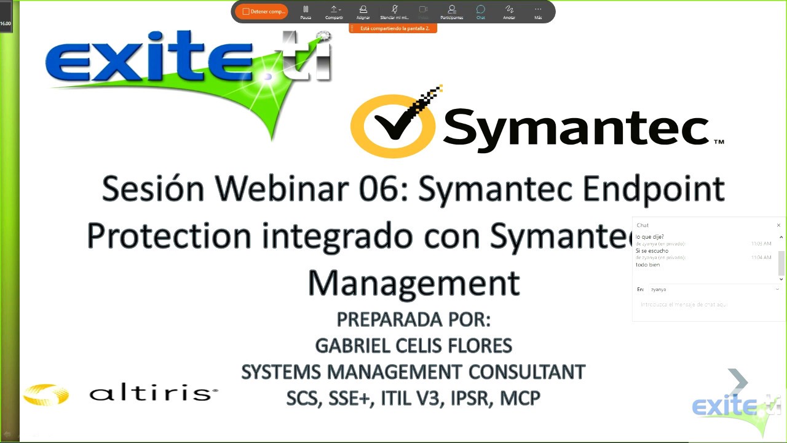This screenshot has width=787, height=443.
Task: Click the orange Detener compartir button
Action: tap(261, 12)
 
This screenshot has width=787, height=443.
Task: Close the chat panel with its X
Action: tap(778, 225)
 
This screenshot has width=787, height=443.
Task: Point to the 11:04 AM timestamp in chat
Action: tap(761, 257)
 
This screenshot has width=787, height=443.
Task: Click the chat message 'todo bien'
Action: tap(647, 265)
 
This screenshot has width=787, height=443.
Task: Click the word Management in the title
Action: tap(414, 284)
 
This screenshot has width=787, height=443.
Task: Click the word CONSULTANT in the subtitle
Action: tap(526, 372)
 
